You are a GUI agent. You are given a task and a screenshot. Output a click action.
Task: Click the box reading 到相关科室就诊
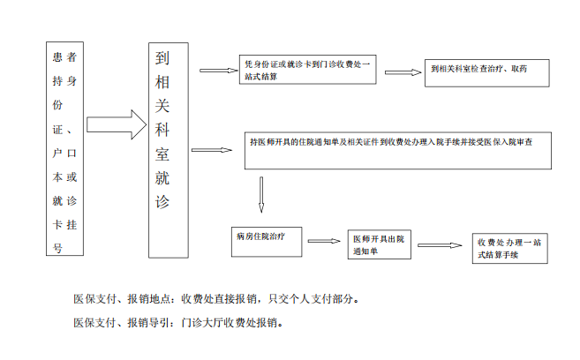pos(169,150)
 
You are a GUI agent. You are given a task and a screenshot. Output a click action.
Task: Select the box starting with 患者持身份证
pos(64,148)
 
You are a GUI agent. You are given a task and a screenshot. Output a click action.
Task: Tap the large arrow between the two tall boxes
pos(117,124)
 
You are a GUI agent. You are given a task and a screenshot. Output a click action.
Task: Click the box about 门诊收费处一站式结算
pos(308,70)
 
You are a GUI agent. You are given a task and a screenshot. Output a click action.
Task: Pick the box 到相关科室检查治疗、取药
pos(486,73)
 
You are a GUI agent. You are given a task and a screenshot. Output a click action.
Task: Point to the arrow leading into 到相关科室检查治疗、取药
pos(403,72)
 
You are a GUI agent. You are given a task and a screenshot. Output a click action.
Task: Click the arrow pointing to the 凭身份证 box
pos(219,71)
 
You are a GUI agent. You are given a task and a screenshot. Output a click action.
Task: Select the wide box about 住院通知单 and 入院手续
pos(398,150)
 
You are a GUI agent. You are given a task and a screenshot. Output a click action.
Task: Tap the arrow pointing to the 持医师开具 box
pos(212,150)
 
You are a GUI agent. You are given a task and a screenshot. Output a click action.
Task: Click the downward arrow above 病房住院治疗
pos(261,195)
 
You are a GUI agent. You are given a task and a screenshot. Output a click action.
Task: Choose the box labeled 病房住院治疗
pos(267,242)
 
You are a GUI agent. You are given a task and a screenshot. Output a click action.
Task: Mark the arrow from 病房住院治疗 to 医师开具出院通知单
pos(324,241)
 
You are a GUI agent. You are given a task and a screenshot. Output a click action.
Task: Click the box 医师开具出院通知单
pos(379,244)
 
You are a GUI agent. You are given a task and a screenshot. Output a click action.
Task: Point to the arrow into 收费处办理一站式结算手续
pos(440,245)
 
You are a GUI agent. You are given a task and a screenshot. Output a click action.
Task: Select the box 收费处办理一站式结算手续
pos(509,248)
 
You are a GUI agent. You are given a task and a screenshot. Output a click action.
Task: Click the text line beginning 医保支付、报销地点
pos(216,298)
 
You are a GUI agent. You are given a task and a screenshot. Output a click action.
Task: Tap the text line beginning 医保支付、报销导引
pos(178,323)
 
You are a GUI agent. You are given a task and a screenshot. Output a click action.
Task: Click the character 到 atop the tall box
pos(162,58)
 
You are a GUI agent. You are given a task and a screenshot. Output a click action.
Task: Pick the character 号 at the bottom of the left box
pos(57,248)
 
